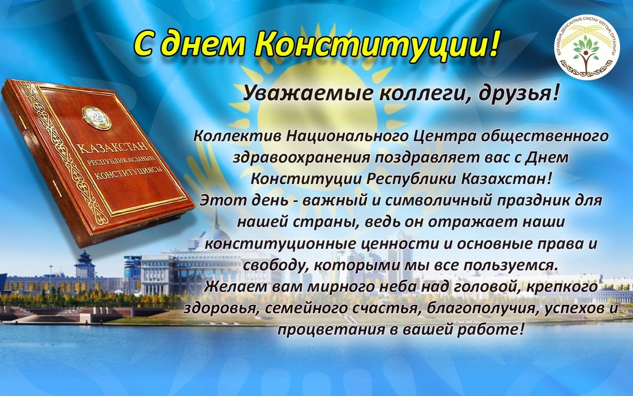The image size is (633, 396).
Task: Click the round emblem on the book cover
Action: pos(97,118)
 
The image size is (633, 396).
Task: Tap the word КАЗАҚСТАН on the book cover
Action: pos(113,148)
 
